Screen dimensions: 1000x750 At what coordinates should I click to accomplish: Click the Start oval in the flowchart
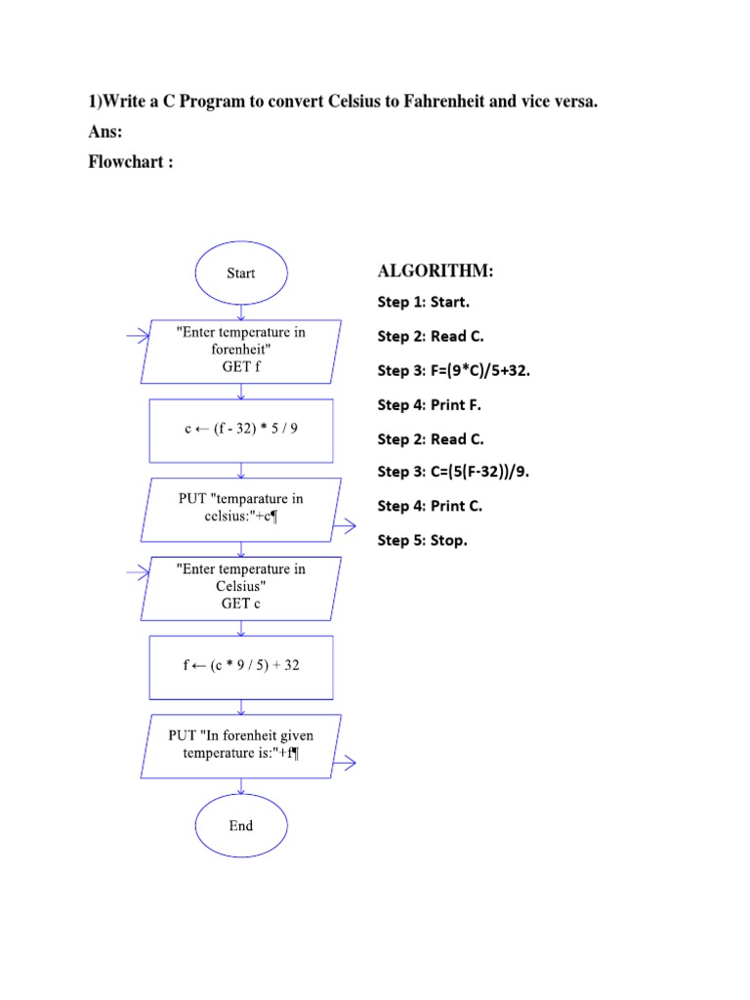(x=240, y=273)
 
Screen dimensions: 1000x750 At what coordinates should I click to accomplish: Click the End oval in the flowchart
(x=240, y=825)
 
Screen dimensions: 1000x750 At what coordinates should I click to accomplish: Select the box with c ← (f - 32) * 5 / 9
(x=240, y=430)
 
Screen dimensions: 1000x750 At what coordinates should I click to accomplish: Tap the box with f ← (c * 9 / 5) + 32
(x=240, y=667)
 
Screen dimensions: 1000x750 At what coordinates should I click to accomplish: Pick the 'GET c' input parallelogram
(x=240, y=587)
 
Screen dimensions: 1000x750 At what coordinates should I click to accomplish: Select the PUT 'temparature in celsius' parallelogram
(x=240, y=509)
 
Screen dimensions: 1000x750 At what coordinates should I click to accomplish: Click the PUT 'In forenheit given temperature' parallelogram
(x=240, y=745)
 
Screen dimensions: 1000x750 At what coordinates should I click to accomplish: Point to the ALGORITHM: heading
(x=436, y=271)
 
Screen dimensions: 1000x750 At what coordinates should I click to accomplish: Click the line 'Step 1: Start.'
(x=424, y=303)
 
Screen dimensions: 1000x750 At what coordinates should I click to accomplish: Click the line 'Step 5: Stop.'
(x=423, y=540)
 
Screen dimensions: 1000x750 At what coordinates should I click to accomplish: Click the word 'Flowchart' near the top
(x=126, y=162)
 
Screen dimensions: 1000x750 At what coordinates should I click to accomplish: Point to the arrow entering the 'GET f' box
(x=138, y=336)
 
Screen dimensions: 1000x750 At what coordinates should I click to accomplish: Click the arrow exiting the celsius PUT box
(x=346, y=528)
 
